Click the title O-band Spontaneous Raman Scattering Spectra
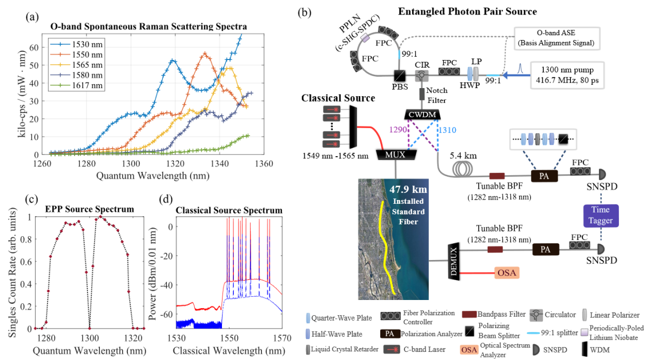(x=149, y=26)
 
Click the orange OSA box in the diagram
(x=510, y=274)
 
